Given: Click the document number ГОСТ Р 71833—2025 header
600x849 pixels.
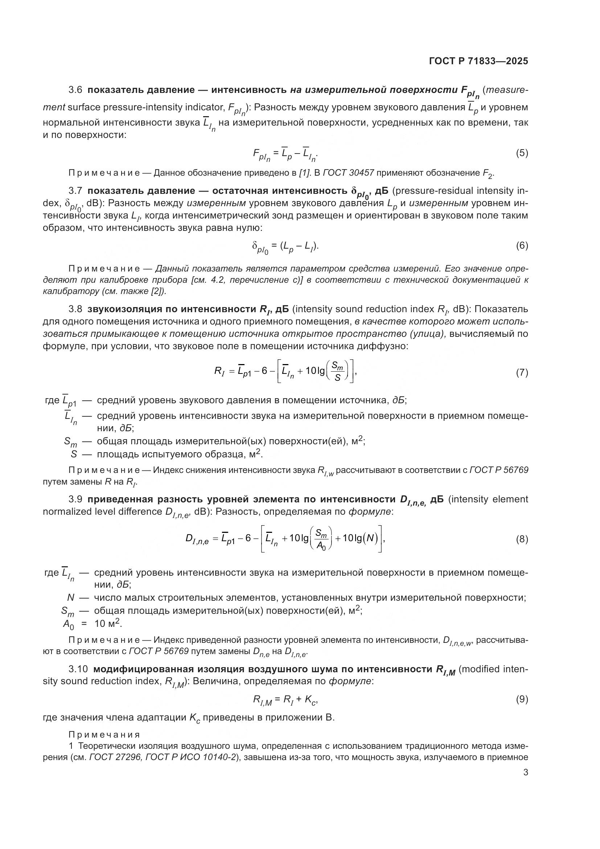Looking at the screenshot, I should point(478,61).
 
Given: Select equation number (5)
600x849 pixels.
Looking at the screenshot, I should point(522,153).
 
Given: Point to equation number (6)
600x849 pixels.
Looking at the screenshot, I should point(522,245).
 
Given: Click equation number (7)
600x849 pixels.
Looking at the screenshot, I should point(522,373).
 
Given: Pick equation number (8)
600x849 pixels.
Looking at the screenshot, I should point(522,539).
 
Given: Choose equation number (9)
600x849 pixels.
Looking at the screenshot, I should point(522,699).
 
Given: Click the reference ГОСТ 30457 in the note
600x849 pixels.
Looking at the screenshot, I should point(348,173).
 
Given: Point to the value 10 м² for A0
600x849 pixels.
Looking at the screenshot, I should point(107,624).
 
